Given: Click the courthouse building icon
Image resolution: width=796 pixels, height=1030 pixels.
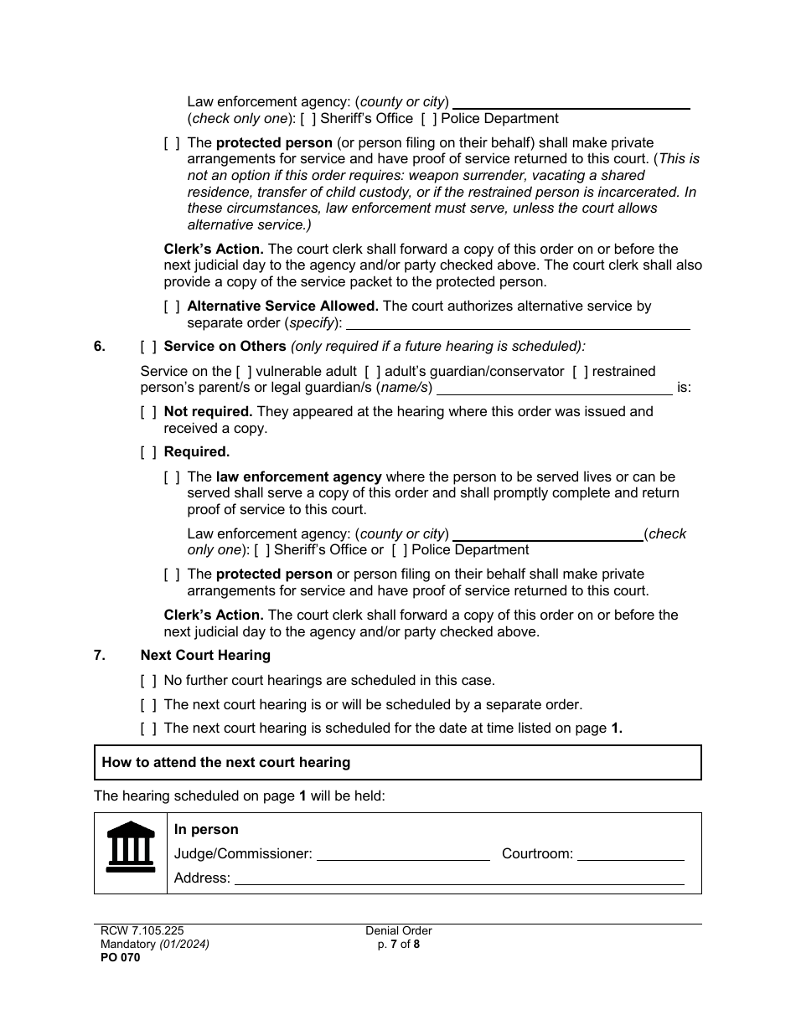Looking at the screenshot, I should [131, 847].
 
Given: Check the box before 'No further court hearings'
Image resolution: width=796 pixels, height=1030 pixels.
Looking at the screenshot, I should [148, 681].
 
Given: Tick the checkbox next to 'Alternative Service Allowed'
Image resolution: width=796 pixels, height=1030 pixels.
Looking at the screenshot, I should [172, 306].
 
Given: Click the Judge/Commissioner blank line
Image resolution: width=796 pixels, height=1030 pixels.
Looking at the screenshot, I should [403, 855].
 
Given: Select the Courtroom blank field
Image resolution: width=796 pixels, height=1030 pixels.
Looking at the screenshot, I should [630, 855].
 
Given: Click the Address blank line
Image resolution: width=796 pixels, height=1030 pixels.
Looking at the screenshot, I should [458, 878].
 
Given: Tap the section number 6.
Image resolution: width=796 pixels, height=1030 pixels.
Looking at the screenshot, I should [100, 347].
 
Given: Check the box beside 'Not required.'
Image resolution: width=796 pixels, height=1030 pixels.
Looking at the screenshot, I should [148, 412].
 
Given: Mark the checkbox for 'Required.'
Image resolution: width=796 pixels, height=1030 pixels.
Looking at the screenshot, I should [148, 452].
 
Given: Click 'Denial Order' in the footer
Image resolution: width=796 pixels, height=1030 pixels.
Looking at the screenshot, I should [398, 930].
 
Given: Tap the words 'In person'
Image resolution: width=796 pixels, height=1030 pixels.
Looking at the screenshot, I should [206, 830].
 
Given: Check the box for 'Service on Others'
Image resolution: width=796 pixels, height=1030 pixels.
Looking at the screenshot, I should [148, 347].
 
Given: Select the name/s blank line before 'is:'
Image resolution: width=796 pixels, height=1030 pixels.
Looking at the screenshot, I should [554, 389].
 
